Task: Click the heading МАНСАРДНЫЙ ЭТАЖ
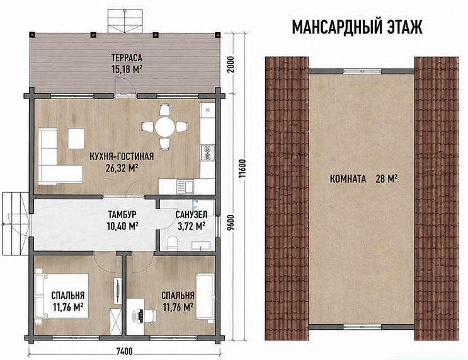(x=357, y=27)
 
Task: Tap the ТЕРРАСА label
(x=127, y=57)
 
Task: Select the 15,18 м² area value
(x=127, y=69)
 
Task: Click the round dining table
(x=165, y=127)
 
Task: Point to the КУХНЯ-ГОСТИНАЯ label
(x=122, y=156)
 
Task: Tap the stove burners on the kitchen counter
(x=207, y=153)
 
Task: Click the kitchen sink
(x=185, y=186)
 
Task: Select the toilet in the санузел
(x=172, y=243)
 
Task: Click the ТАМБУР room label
(x=122, y=215)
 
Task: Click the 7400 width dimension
(x=124, y=351)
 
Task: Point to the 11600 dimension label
(x=243, y=168)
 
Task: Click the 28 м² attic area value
(x=387, y=179)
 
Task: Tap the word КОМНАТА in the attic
(x=348, y=179)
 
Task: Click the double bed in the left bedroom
(x=62, y=296)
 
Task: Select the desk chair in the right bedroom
(x=149, y=315)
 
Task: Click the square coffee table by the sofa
(x=76, y=138)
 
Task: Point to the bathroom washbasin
(x=200, y=246)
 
